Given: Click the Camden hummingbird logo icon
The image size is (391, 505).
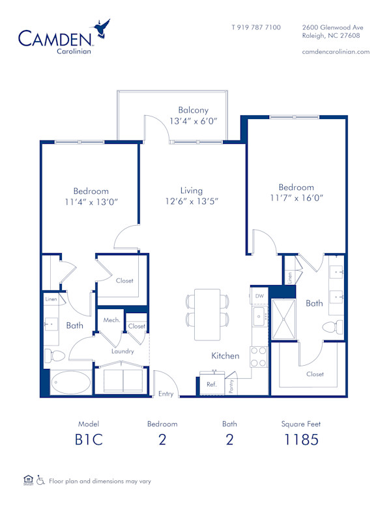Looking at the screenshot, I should tap(101, 29).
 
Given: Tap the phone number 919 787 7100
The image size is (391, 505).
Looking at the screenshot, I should tap(256, 27).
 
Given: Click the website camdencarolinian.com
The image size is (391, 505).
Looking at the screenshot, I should tap(336, 51).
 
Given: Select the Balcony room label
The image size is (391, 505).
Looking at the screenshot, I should tap(193, 110).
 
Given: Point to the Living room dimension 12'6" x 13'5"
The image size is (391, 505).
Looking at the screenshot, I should tap(191, 202).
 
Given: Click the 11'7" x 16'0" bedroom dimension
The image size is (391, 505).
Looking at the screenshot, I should tap(297, 198).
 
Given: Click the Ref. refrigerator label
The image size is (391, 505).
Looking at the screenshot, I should tap(211, 385).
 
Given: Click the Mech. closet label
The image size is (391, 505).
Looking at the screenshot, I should tap(110, 321).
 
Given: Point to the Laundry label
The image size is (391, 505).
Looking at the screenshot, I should tap(123, 351).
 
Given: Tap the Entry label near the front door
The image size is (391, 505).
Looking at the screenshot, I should tap(166, 394).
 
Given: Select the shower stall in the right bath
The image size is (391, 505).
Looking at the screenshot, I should tap(284, 319).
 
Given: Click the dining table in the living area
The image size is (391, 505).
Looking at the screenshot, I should tap(207, 314).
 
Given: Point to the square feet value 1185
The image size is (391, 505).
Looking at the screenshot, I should tap(301, 439).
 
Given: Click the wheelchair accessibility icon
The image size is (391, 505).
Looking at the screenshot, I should tap(40, 481).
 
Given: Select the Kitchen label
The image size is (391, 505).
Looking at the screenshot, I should tap(225, 356).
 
